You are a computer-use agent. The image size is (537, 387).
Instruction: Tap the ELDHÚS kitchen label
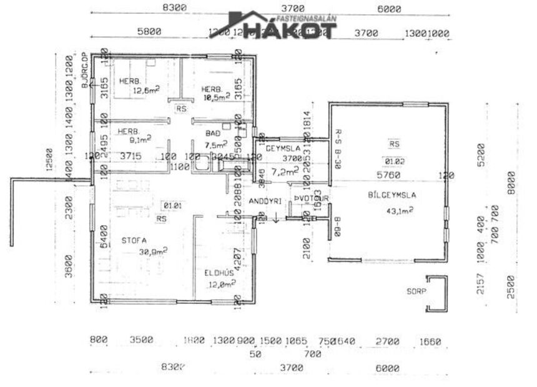[x=218, y=273]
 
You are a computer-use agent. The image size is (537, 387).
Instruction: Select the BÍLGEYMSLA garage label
[x=392, y=195]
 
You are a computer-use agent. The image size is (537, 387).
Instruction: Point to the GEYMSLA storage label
[x=283, y=149]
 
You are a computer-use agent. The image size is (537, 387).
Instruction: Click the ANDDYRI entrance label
[x=265, y=201]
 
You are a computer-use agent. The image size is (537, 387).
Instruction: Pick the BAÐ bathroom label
[x=213, y=134]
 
